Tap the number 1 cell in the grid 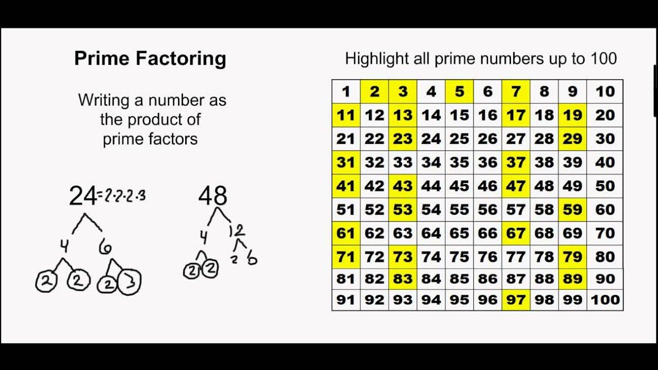click(346, 92)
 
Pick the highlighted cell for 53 click(403, 210)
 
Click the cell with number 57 click(516, 210)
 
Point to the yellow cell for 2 click(374, 92)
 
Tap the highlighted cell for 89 click(572, 279)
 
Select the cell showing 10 click(605, 92)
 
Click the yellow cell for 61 click(346, 233)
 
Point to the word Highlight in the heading click(377, 59)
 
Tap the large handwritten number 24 click(82, 196)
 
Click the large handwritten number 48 click(213, 195)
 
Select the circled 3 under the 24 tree click(131, 282)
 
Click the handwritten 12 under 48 click(237, 230)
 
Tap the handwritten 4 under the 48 click(204, 237)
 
